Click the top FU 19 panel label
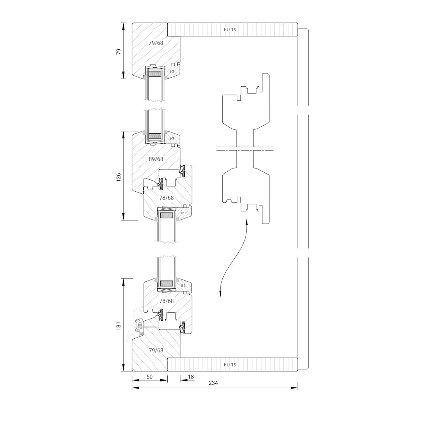230,29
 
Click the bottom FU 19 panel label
230,364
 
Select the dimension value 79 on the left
119,51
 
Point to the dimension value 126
119,176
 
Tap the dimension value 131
119,325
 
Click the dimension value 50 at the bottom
149,376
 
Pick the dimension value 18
191,376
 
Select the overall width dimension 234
213,383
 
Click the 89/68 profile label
156,159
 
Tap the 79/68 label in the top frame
156,43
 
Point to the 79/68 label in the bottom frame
156,350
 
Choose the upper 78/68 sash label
166,198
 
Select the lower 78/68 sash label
166,301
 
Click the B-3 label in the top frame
172,72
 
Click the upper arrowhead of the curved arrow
246,221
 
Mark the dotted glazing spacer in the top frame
155,74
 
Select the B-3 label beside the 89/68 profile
172,139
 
